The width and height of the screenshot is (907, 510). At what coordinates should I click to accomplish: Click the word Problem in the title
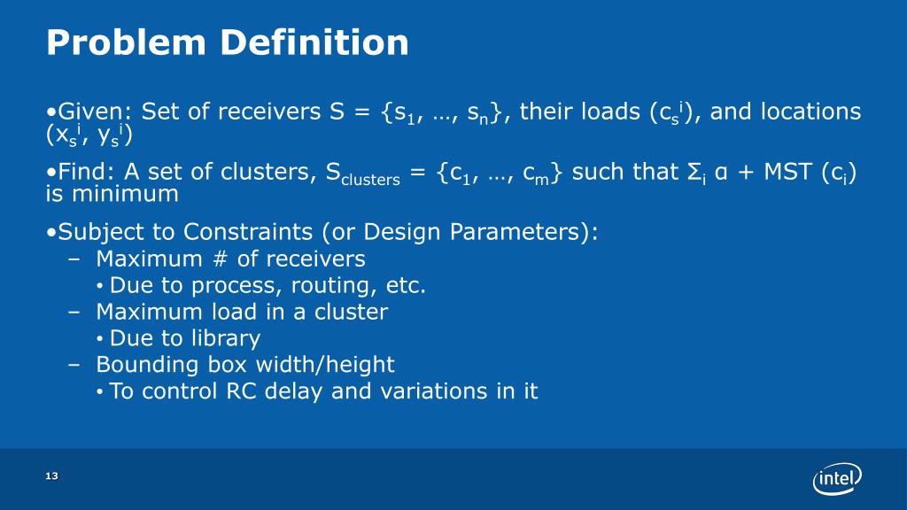click(x=126, y=42)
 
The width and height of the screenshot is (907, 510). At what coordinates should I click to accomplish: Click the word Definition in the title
click(x=314, y=42)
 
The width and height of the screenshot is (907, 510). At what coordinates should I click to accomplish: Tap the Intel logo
click(x=836, y=478)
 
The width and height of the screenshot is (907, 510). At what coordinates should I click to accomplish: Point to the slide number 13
click(x=52, y=475)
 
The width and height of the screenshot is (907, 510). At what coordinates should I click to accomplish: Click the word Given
click(x=90, y=111)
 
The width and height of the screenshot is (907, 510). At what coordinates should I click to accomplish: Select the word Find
click(x=86, y=172)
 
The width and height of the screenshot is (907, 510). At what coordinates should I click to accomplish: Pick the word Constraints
click(x=248, y=232)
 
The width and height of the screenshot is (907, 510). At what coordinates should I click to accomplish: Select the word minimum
click(x=125, y=194)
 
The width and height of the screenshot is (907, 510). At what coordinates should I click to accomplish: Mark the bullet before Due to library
click(x=100, y=339)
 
